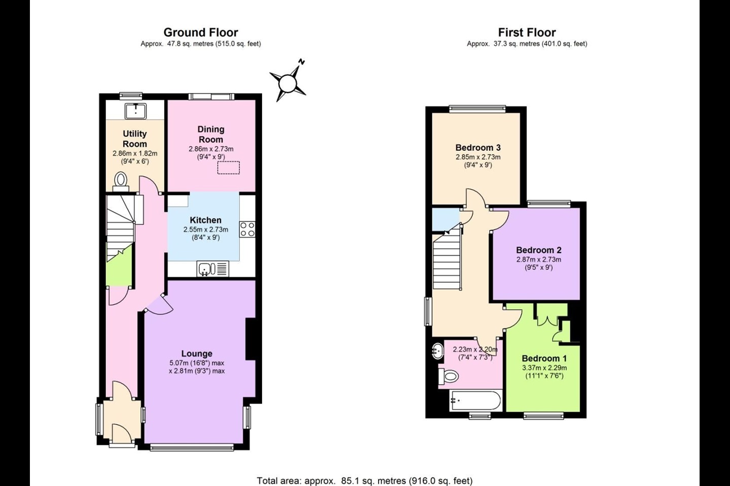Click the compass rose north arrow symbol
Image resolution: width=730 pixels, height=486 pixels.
(x=288, y=83)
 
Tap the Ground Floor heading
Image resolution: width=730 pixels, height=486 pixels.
(x=201, y=32)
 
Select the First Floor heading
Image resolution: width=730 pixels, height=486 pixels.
(x=527, y=32)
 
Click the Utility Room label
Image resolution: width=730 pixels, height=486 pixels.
(x=135, y=139)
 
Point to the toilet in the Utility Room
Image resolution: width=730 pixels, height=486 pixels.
(x=121, y=182)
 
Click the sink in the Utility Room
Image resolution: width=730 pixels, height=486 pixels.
(x=135, y=111)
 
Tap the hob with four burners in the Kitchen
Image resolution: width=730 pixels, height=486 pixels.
(x=247, y=229)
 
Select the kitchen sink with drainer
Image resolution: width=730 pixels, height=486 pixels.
(x=212, y=269)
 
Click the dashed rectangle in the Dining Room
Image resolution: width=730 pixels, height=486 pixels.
(x=229, y=168)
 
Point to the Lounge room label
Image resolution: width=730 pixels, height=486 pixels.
(x=197, y=353)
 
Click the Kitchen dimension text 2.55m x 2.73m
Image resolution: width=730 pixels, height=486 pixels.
(x=206, y=229)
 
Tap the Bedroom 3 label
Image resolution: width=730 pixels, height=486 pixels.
(x=478, y=147)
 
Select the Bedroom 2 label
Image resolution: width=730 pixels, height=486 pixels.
(x=539, y=250)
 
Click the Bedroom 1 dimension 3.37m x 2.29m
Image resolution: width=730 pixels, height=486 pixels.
(x=544, y=368)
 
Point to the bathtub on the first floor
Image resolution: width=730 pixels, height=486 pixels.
(x=476, y=401)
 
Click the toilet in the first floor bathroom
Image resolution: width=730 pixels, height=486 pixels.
(x=449, y=377)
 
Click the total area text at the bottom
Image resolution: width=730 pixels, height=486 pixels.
(x=364, y=480)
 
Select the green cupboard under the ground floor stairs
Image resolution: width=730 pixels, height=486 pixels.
(x=119, y=266)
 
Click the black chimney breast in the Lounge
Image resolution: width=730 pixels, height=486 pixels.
(x=250, y=339)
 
